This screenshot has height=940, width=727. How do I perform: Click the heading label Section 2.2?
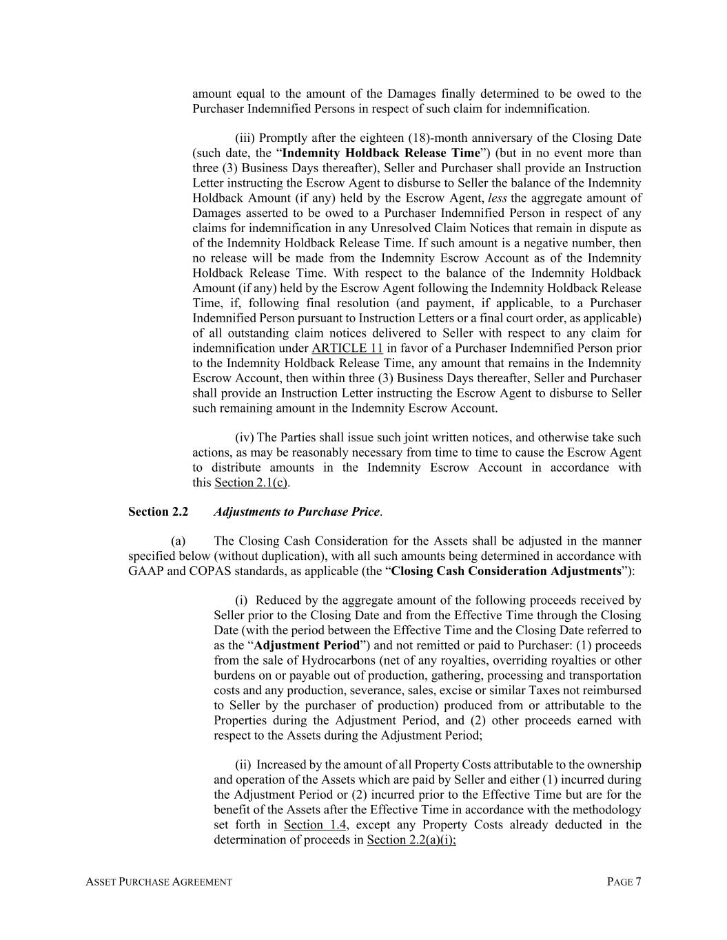(x=158, y=512)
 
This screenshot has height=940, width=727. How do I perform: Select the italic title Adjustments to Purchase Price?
(x=296, y=512)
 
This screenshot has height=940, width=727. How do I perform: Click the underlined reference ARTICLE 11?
(x=347, y=348)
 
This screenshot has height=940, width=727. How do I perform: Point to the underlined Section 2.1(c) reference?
(x=251, y=483)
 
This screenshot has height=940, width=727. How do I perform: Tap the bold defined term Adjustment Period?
(x=307, y=646)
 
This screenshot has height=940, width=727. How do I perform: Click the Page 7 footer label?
(x=624, y=882)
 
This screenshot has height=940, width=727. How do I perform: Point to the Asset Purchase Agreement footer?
(x=159, y=882)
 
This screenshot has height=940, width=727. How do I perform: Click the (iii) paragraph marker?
(x=245, y=138)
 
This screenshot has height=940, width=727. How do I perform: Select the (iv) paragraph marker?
(x=245, y=438)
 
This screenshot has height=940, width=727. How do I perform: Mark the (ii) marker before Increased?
(x=243, y=765)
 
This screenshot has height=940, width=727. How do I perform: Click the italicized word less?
(x=497, y=198)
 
